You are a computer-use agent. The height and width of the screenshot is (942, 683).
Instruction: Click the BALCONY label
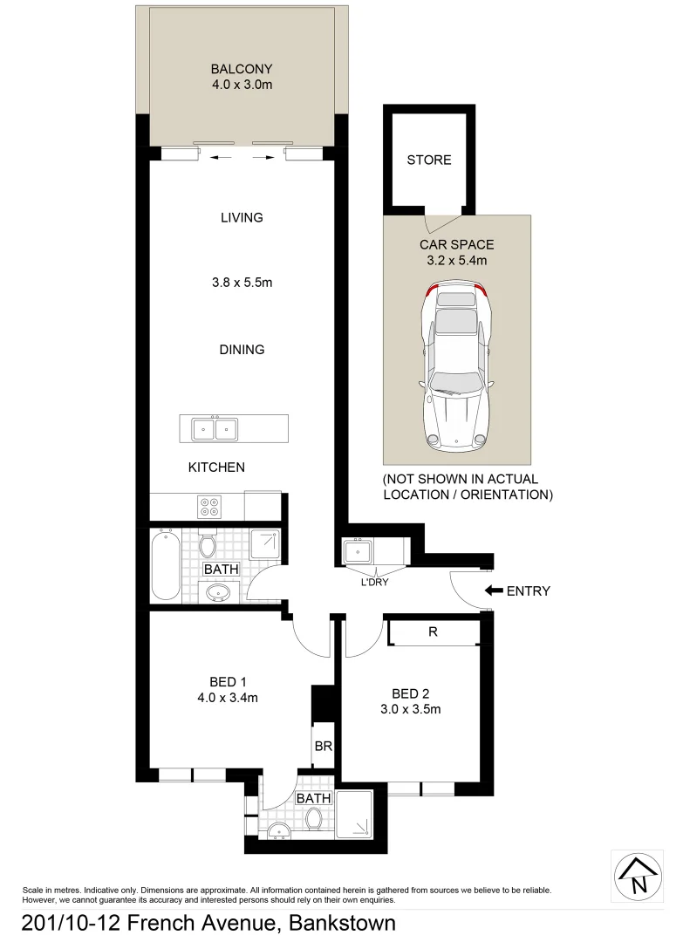point(242,69)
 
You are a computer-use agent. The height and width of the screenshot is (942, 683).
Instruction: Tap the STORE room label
point(429,160)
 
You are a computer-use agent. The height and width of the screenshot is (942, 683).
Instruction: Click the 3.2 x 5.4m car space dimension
point(455,261)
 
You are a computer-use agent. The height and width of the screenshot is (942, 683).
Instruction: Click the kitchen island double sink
point(215,429)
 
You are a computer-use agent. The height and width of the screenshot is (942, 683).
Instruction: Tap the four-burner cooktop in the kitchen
point(210,507)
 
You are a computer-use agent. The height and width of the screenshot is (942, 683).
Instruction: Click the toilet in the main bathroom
point(208,544)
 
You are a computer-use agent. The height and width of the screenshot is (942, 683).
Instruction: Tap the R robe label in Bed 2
point(433,632)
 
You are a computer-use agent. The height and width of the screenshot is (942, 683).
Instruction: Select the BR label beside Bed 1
point(322,747)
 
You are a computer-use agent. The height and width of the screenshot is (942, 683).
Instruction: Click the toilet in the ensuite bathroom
point(314,818)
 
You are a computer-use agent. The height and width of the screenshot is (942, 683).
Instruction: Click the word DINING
point(242,350)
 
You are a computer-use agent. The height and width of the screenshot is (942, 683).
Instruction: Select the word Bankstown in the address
point(343,923)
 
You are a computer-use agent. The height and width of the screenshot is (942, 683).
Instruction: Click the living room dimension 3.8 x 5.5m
point(242,283)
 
